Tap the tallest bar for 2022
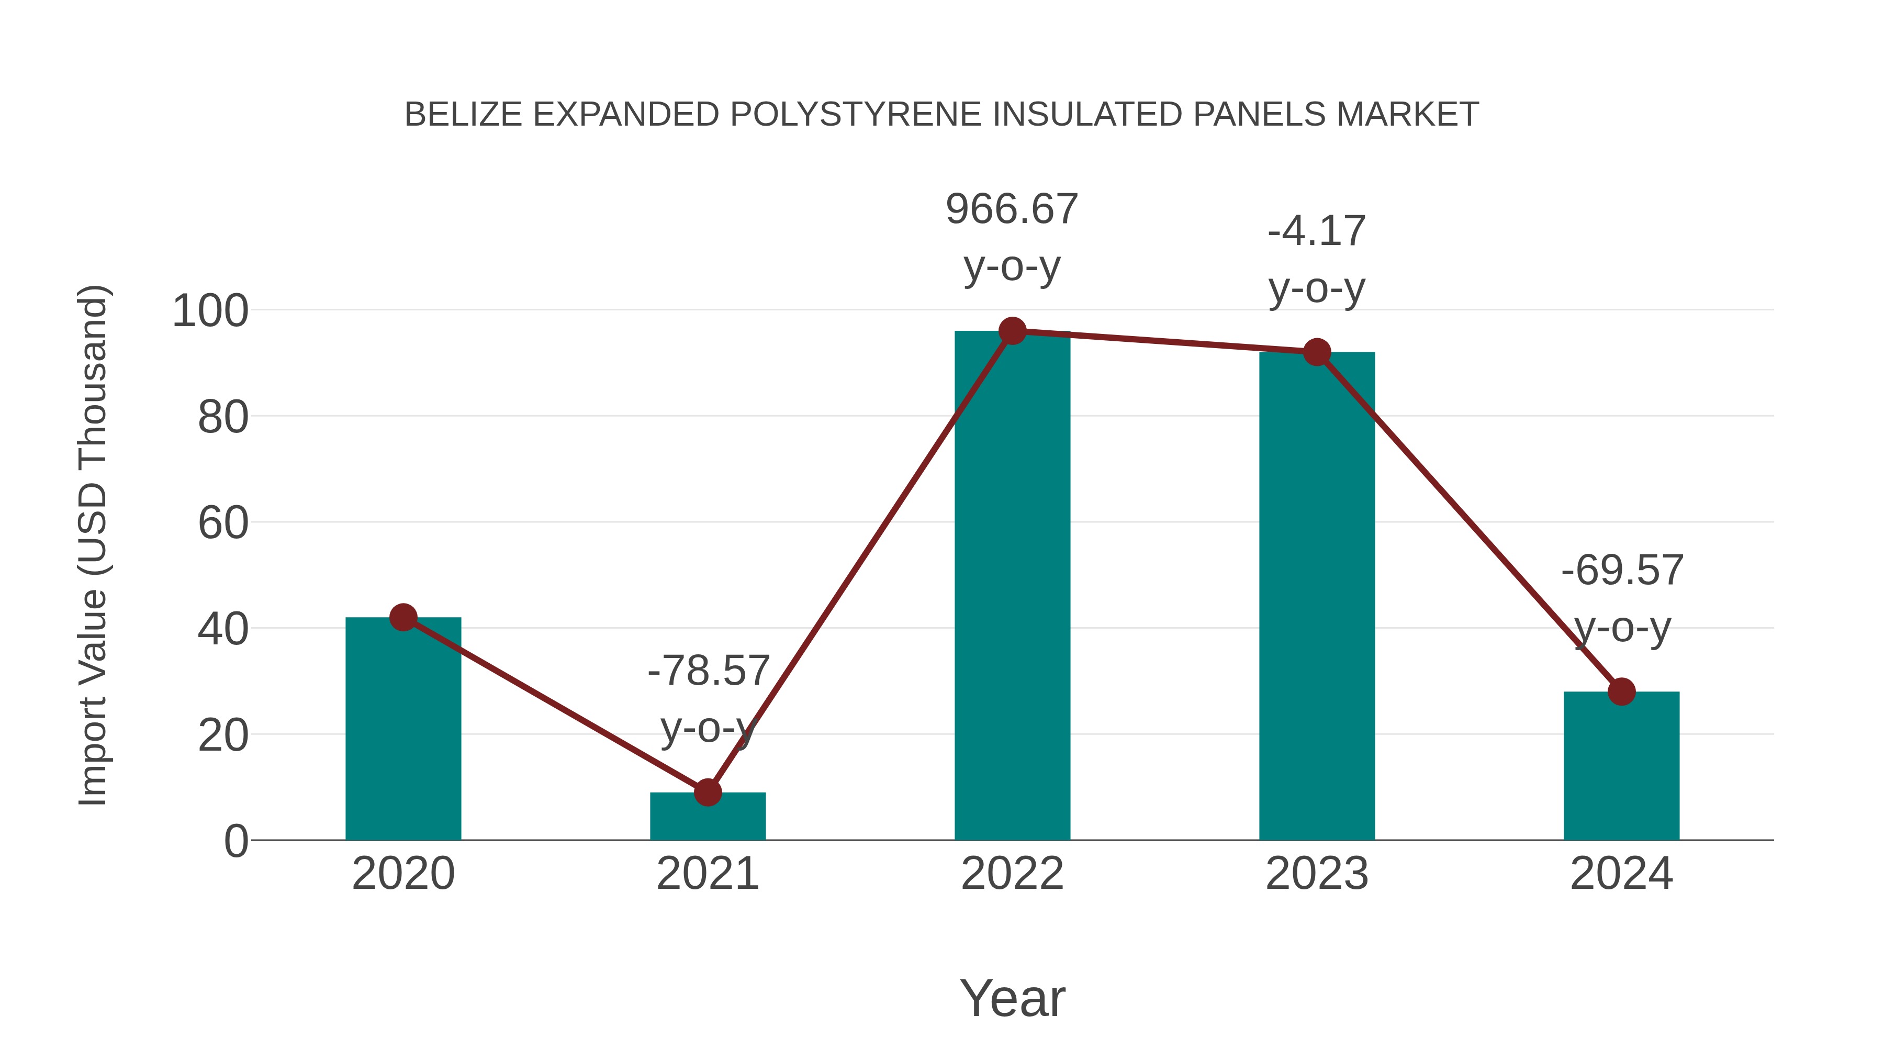(x=1012, y=585)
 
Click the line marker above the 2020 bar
(x=403, y=618)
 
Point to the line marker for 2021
(x=707, y=793)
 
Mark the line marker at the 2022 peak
(x=1012, y=331)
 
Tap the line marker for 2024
(x=1621, y=691)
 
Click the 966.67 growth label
(x=1012, y=209)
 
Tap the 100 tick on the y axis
(x=210, y=311)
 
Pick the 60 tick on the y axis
(x=222, y=523)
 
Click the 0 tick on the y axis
(x=235, y=841)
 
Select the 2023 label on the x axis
(x=1317, y=874)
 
